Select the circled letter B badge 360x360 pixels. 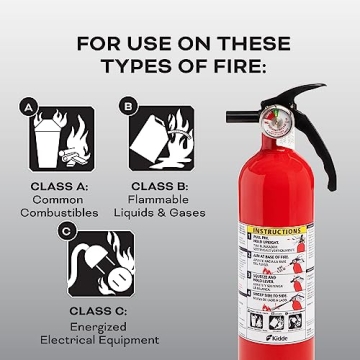coord(127,105)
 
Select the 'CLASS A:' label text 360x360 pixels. coord(60,186)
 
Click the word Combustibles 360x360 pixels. coord(60,215)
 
